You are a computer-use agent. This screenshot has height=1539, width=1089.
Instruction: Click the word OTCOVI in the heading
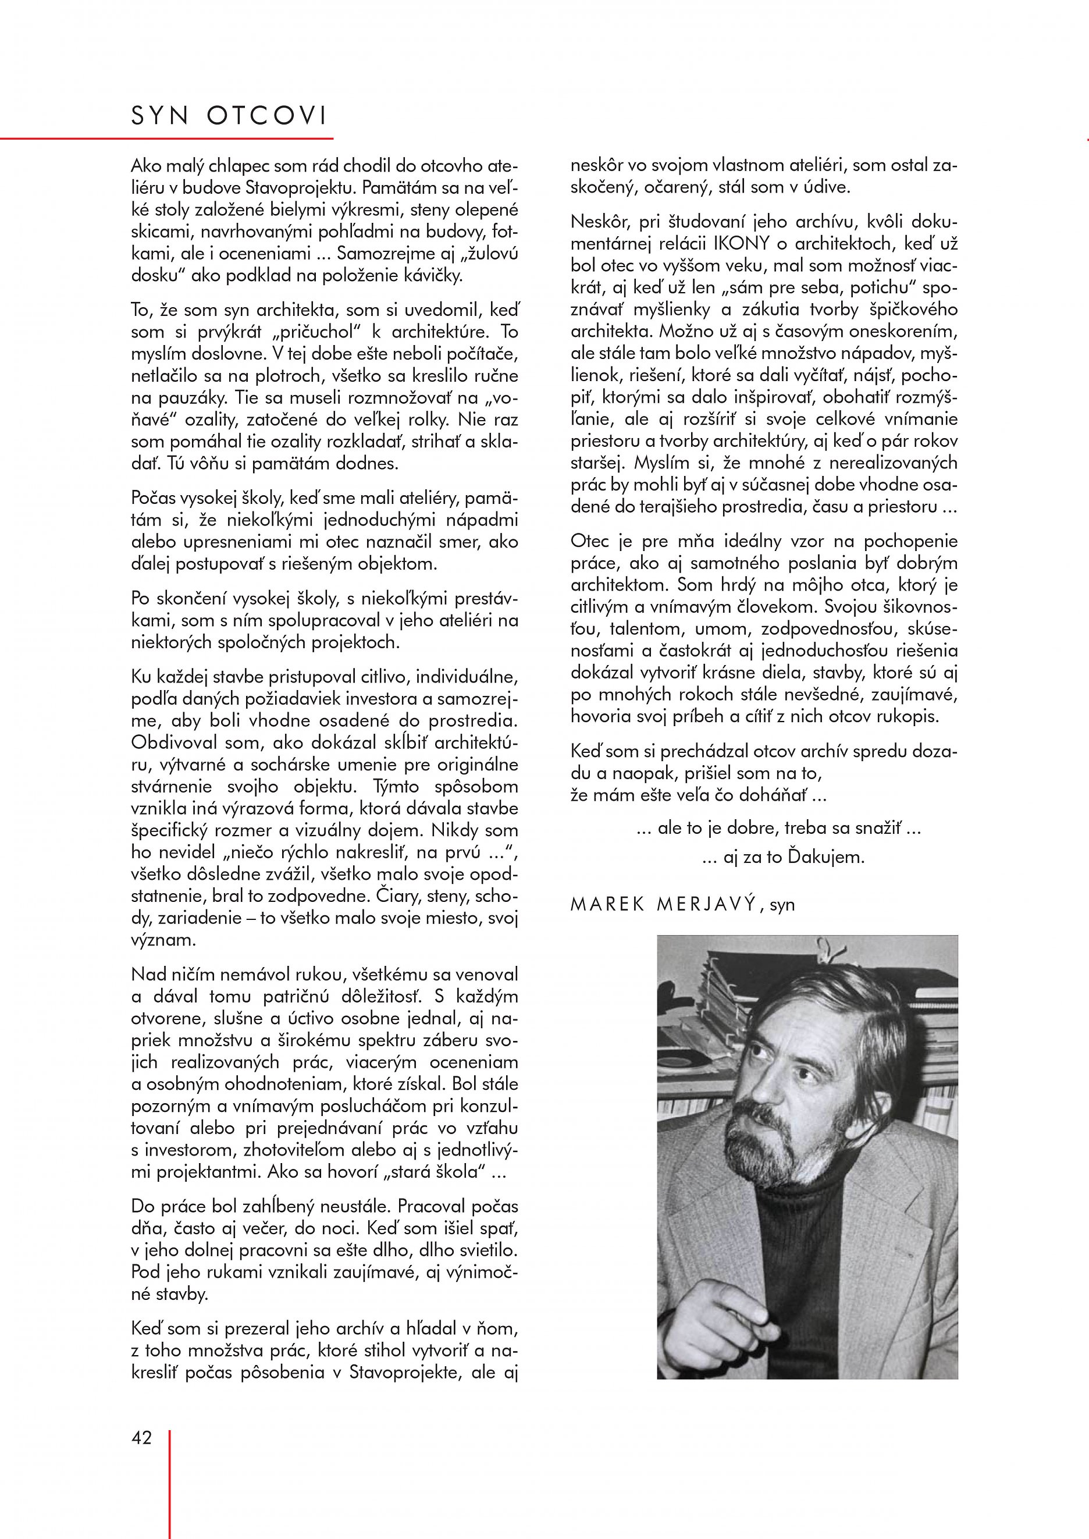pyautogui.click(x=267, y=117)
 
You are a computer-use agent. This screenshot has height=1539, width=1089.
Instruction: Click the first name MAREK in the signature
pyautogui.click(x=607, y=905)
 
